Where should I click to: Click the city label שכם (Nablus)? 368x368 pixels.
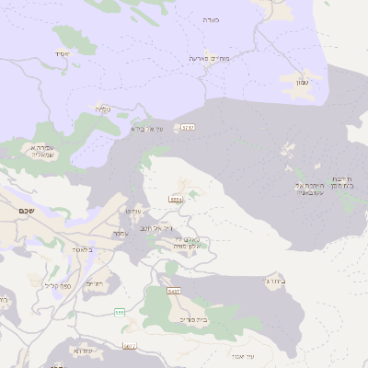click(27, 211)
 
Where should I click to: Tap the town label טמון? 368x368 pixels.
click(302, 84)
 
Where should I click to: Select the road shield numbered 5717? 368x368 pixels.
click(188, 127)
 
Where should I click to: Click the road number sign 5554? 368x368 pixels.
click(176, 199)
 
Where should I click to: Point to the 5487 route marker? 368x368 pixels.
click(173, 291)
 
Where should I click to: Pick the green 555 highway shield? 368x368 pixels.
click(120, 313)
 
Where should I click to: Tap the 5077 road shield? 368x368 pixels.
click(130, 346)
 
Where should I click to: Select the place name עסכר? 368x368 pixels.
click(120, 233)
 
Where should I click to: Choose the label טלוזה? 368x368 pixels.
click(103, 109)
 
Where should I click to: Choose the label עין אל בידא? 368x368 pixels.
click(146, 129)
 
